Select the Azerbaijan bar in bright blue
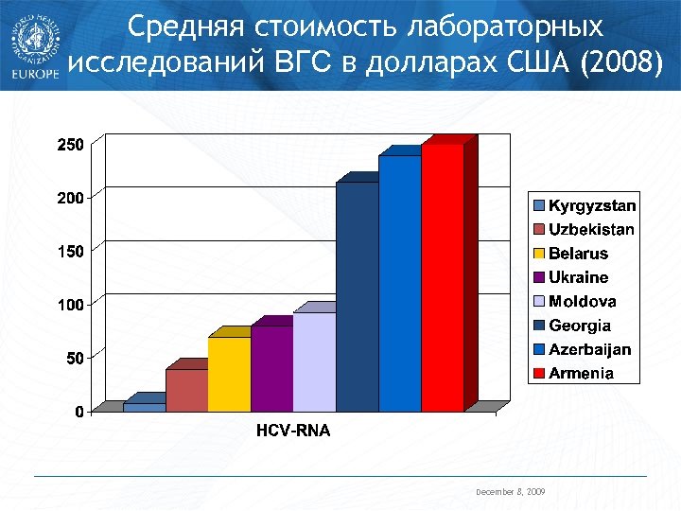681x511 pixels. (x=400, y=283)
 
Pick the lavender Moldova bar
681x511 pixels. (x=315, y=361)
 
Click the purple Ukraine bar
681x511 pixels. (x=272, y=368)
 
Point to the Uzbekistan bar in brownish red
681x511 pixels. (x=187, y=390)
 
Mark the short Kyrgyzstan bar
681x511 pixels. (x=145, y=407)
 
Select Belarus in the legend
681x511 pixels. (x=578, y=254)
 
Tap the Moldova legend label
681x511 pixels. (x=582, y=302)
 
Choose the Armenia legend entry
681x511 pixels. (x=581, y=374)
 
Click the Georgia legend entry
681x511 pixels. (x=580, y=326)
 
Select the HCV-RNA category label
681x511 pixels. (x=293, y=432)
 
